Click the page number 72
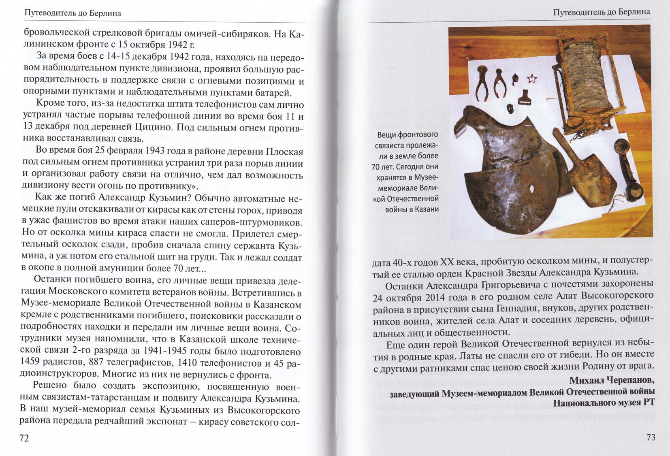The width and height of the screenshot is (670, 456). click(x=24, y=438)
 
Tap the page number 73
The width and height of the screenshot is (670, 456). click(x=651, y=437)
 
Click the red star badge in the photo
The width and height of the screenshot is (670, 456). click(x=531, y=78)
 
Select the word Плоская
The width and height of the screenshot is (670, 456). click(x=284, y=152)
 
